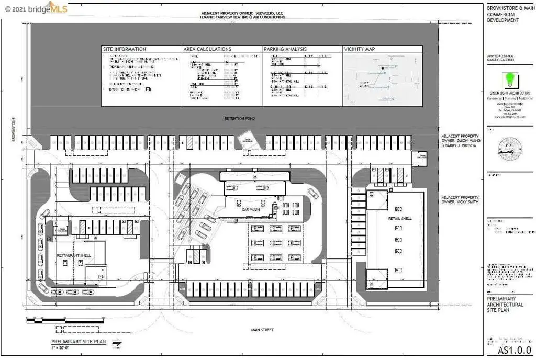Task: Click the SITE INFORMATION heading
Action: [127, 49]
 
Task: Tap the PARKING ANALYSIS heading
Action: [285, 49]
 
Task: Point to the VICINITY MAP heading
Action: [360, 49]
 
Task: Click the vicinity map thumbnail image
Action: [382, 79]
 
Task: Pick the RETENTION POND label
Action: [240, 118]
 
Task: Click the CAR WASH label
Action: [251, 209]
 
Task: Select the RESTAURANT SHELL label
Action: [74, 255]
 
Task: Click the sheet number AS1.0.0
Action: [514, 350]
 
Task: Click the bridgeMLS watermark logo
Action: [37, 8]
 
